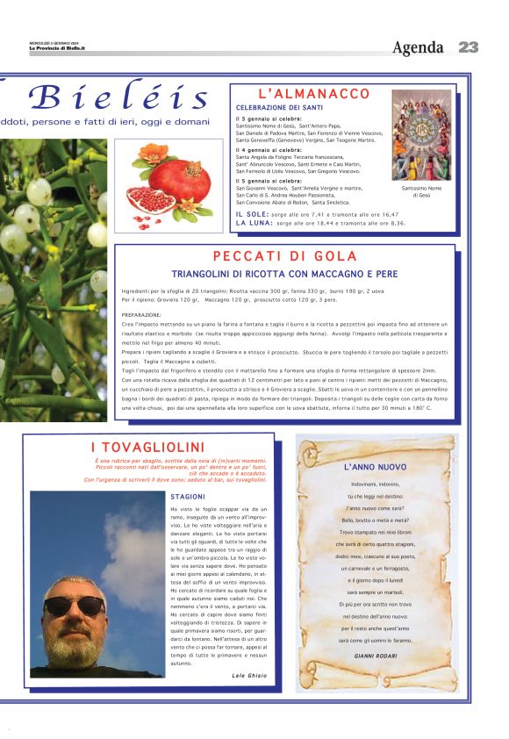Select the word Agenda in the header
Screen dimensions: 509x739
coord(419,47)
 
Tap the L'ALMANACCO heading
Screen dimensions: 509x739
coord(314,94)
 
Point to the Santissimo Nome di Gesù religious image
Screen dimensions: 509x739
coord(421,134)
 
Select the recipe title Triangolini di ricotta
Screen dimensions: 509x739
coord(285,274)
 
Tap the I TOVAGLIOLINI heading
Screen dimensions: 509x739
coord(147,448)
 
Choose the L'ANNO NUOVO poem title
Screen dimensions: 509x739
coord(375,467)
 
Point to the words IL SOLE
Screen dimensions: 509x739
coord(253,214)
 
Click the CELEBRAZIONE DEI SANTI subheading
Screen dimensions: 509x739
coord(278,107)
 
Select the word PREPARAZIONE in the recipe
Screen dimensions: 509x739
coord(141,314)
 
